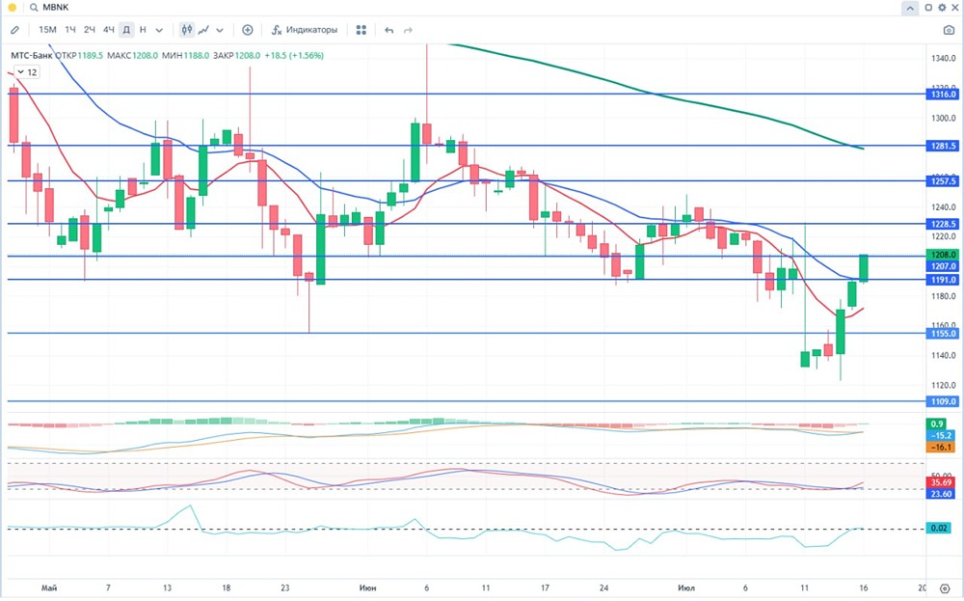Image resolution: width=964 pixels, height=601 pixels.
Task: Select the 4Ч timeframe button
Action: pos(108,30)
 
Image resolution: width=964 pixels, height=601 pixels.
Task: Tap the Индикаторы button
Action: pos(304,30)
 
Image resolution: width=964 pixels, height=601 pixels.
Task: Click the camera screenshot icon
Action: pos(949,30)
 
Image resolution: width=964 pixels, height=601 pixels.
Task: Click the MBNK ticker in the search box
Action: pos(57,8)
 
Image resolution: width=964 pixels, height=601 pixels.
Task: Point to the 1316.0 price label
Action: pos(942,95)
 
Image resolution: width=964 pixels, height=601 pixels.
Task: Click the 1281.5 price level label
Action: pos(942,146)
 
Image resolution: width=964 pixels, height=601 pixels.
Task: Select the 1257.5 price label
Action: pos(942,180)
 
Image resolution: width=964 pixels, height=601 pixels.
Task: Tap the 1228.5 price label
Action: pos(942,224)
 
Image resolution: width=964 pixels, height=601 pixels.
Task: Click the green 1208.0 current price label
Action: pos(942,255)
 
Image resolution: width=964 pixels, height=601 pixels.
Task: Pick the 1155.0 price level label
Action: pos(942,333)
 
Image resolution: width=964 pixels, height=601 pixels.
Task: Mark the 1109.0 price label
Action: pos(942,401)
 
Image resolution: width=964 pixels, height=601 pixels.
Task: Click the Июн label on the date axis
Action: pos(367,587)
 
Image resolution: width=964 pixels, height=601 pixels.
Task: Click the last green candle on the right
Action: pos(864,268)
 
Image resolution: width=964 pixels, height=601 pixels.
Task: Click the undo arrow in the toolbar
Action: pos(389,30)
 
